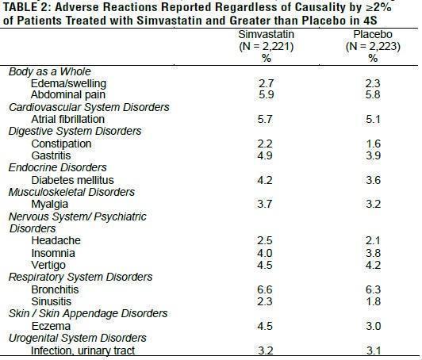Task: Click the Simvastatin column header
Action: [267, 34]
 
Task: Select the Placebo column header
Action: [373, 34]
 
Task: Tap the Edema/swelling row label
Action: [68, 84]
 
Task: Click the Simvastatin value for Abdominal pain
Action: [267, 94]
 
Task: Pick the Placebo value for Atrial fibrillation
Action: [373, 119]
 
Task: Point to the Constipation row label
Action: [61, 144]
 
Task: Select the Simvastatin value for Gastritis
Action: [265, 155]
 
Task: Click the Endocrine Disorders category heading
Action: [58, 167]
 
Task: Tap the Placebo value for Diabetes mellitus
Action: [374, 180]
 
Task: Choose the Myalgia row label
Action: [49, 205]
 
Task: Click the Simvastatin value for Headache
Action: [265, 240]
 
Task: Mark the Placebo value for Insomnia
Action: [374, 253]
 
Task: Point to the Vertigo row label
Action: [48, 266]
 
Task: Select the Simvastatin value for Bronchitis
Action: [265, 289]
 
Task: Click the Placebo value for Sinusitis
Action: [374, 301]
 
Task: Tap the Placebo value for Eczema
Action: [374, 326]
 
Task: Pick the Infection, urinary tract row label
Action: [82, 350]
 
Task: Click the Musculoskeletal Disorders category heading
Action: [71, 192]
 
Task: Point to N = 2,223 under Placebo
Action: [373, 47]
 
